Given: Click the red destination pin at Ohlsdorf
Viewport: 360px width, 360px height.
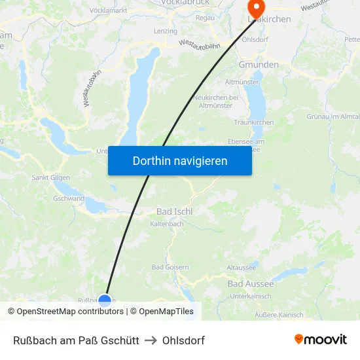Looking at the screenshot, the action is [x=255, y=8].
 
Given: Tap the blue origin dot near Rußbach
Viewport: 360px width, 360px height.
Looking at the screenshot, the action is [x=105, y=301].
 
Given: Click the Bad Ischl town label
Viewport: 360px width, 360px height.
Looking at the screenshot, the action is [x=173, y=211].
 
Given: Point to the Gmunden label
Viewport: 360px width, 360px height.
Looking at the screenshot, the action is [x=259, y=65].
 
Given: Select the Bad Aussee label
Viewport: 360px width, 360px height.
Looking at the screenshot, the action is [x=250, y=283].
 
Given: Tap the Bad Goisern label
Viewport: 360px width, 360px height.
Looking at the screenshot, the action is [x=170, y=267].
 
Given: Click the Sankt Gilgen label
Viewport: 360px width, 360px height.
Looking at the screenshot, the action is [x=51, y=177].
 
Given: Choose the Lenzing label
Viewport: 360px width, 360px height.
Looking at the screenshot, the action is [x=166, y=31].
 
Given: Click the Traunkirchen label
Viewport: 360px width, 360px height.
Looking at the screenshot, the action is [x=253, y=122].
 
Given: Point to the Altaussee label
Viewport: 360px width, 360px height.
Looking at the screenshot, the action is [x=242, y=268].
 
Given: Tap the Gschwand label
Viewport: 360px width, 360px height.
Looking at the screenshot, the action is [x=68, y=198].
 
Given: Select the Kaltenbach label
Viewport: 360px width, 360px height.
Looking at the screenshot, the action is [x=167, y=224].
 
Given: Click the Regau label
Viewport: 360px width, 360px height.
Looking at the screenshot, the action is [x=206, y=18].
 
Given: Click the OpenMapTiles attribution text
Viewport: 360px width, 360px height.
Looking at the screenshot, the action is [x=166, y=312].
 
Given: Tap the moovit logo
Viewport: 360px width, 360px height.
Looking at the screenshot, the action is [x=321, y=340].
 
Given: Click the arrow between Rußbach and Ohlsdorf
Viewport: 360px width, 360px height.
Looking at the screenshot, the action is [x=151, y=340].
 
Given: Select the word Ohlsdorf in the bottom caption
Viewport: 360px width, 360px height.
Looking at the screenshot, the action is [x=183, y=340].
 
